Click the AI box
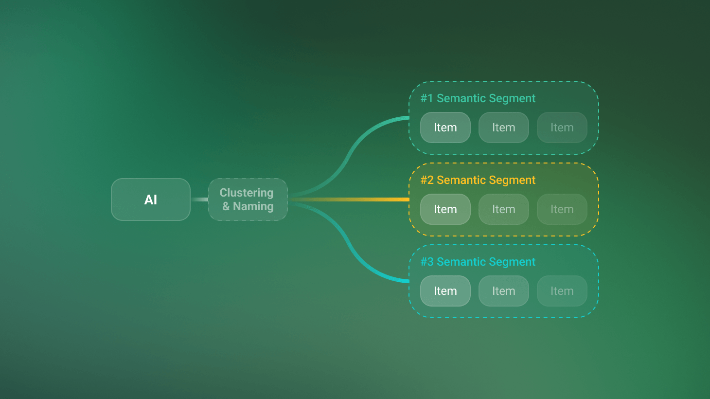click(151, 199)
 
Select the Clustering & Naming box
click(248, 199)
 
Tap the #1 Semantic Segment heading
click(478, 98)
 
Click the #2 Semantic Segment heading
click(478, 180)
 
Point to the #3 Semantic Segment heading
click(478, 262)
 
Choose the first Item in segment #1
click(445, 127)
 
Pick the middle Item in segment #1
click(504, 127)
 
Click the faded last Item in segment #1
click(562, 127)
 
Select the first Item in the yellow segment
click(445, 209)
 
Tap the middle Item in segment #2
click(504, 209)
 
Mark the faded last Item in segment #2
click(562, 209)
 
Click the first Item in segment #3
click(445, 291)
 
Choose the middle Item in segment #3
click(504, 291)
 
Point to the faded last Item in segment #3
click(562, 291)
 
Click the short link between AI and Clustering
click(199, 199)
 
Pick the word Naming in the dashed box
click(253, 206)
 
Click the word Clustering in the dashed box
click(247, 193)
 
